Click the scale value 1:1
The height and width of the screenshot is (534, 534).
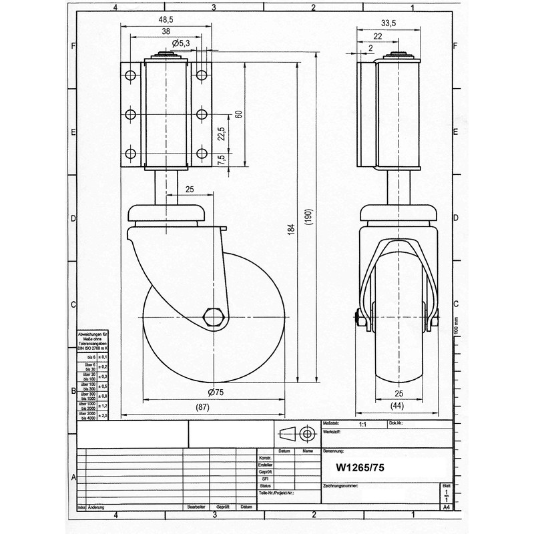tap(362, 424)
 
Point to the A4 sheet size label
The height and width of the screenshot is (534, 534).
tap(446, 507)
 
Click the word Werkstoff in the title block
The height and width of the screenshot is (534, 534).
tap(334, 433)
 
